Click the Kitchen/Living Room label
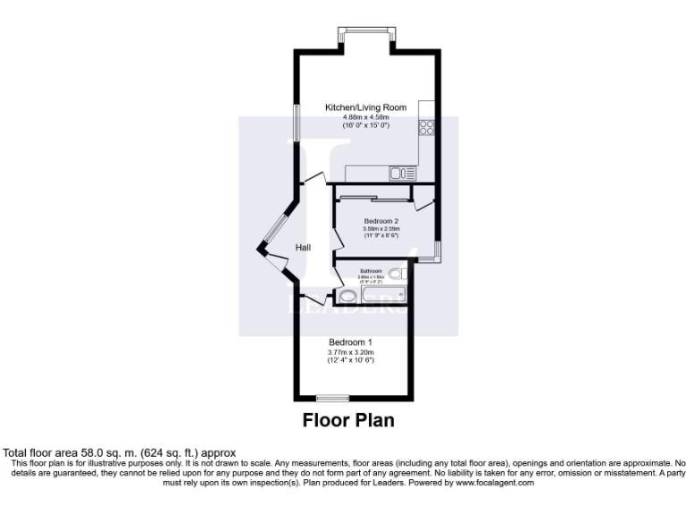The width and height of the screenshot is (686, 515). (365, 107)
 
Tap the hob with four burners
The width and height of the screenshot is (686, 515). (427, 127)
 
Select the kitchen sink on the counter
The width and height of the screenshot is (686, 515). (400, 173)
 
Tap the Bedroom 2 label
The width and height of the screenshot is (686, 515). (381, 220)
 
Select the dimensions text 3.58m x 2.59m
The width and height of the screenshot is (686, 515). (381, 229)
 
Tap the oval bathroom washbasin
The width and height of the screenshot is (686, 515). (347, 297)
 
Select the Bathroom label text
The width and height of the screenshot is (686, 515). (371, 271)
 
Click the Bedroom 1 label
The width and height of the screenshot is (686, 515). (350, 342)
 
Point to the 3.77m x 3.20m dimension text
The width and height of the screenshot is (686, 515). (350, 352)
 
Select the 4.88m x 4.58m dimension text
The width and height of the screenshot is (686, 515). (365, 117)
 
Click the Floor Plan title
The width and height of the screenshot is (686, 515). (348, 418)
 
